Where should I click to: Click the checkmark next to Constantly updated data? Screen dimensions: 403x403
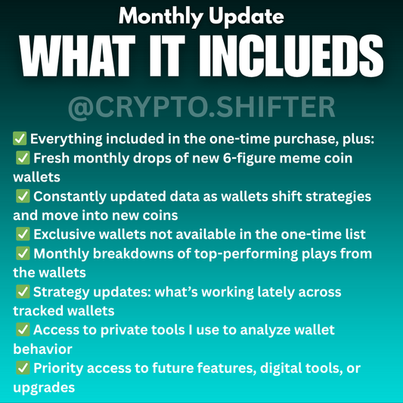point(23,196)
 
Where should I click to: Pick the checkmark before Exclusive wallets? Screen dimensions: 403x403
point(23,234)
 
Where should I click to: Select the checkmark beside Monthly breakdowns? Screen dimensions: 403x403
point(23,253)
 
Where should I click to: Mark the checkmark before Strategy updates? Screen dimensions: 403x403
point(23,291)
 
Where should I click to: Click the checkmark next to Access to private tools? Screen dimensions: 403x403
point(23,329)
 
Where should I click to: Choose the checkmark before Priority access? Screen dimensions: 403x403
point(23,367)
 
